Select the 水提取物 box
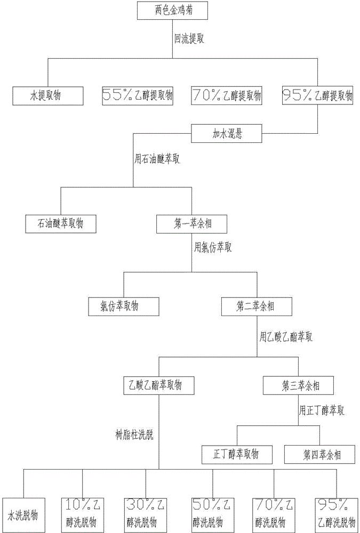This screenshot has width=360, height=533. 49,96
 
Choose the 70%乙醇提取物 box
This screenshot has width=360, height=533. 227,96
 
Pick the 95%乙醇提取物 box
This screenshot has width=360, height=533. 318,96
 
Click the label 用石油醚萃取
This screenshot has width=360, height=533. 156,159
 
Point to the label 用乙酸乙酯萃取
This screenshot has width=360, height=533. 285,337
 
